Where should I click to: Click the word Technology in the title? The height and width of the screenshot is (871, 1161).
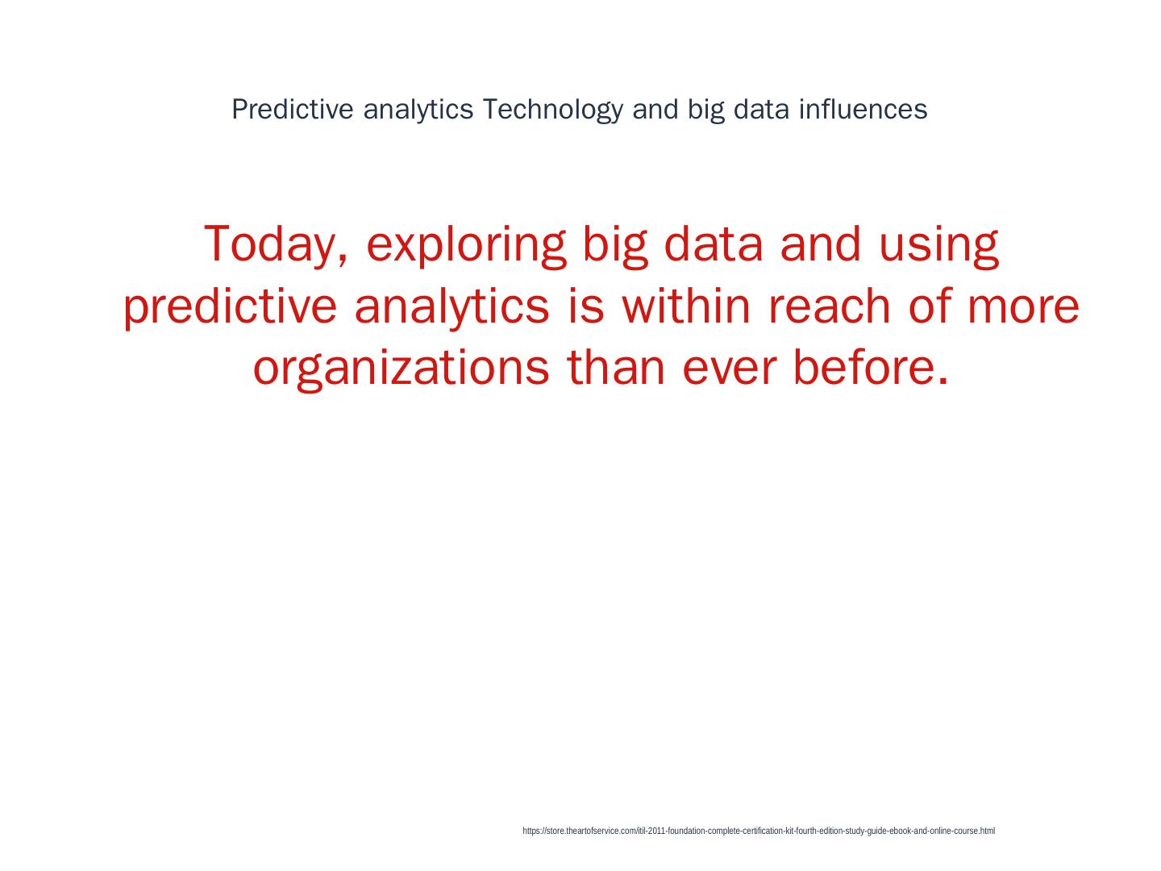click(x=553, y=110)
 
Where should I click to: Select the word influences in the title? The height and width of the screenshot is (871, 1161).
click(x=863, y=110)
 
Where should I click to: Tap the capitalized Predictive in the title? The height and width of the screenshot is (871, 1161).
click(x=293, y=110)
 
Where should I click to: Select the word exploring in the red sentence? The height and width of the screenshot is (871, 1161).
click(x=466, y=247)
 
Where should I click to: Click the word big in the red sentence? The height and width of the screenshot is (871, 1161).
click(x=615, y=247)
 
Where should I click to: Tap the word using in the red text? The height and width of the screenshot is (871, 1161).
click(x=938, y=247)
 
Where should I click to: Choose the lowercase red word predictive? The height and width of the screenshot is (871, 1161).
click(x=230, y=308)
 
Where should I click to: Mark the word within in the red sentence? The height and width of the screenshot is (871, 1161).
click(x=686, y=306)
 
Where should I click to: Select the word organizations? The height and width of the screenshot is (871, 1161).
click(x=402, y=369)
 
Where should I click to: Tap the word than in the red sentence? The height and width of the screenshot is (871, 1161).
click(x=616, y=368)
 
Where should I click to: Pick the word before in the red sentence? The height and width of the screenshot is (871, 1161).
click(x=864, y=368)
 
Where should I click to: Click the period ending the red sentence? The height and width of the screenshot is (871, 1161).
click(x=943, y=381)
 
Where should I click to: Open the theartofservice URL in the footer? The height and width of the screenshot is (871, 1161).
click(x=759, y=831)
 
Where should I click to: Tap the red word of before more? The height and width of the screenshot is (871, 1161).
click(x=930, y=306)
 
